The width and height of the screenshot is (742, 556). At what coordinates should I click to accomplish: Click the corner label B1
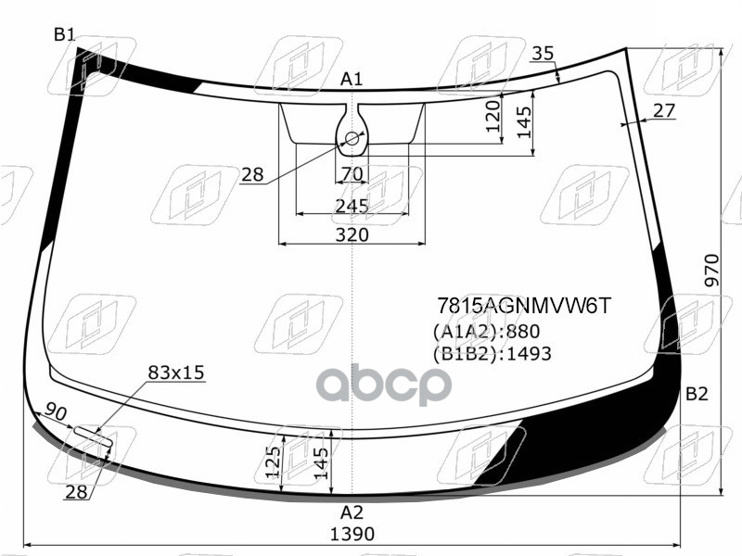pos(64,34)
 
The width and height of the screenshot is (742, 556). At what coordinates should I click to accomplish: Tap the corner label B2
pos(697,393)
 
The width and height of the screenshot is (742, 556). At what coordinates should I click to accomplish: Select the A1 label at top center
pos(352,79)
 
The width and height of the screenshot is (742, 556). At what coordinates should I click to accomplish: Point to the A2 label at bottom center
pos(352,512)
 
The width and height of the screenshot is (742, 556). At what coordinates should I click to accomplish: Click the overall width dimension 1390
pos(352,534)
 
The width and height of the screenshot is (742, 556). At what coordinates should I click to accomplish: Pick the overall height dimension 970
pos(711,270)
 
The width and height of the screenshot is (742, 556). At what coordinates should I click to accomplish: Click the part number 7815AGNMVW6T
pos(524,306)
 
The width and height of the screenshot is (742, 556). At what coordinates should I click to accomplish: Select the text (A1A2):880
pos(486,332)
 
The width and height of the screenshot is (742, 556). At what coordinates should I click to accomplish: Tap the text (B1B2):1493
pos(493,354)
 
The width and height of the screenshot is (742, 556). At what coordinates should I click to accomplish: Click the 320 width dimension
pos(352,234)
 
